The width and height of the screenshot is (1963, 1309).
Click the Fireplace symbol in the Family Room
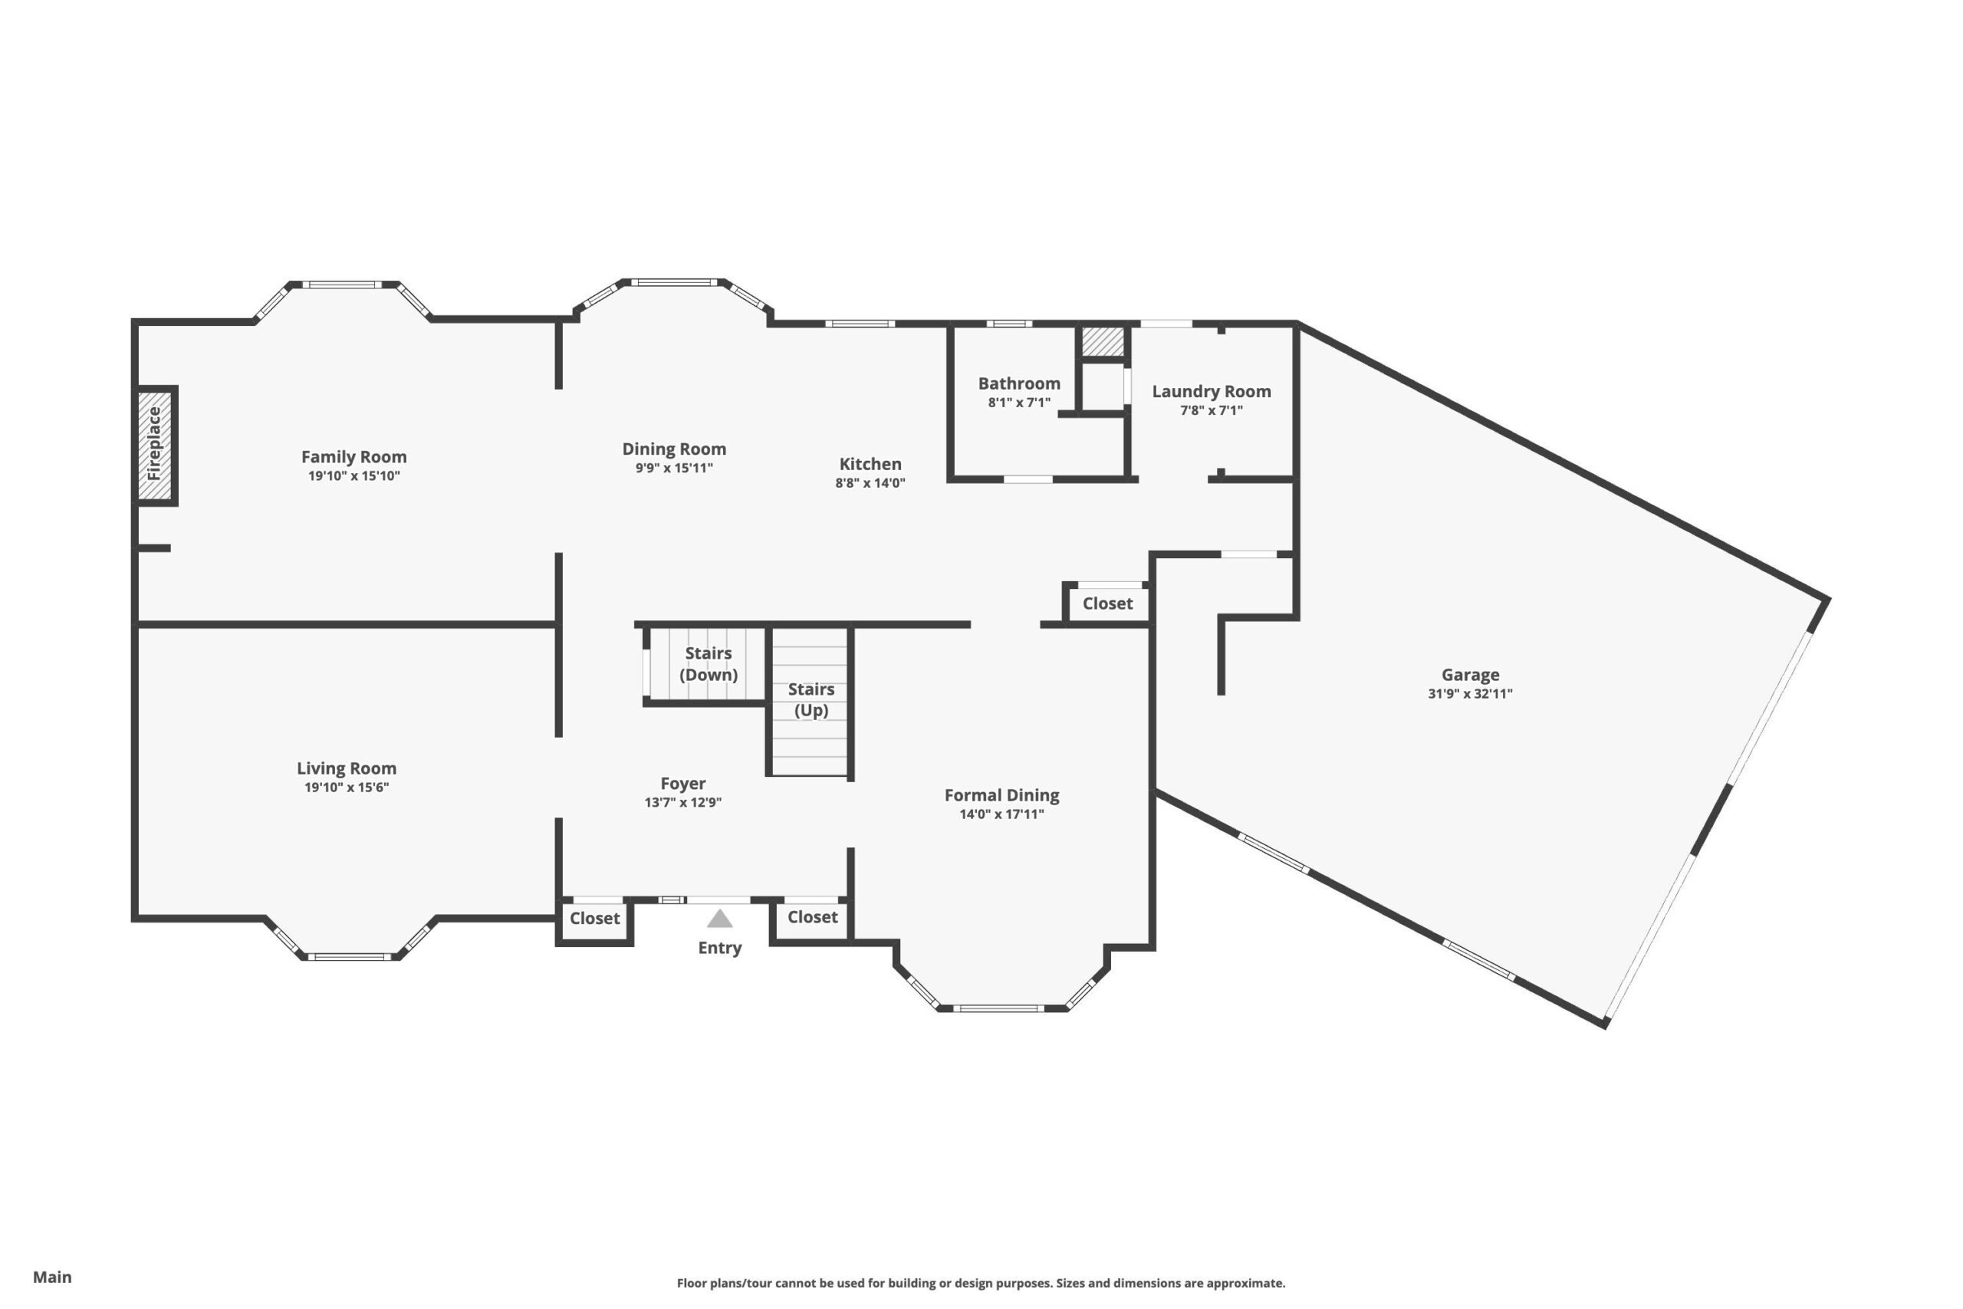(x=155, y=446)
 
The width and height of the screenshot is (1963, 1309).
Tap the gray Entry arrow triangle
(x=719, y=919)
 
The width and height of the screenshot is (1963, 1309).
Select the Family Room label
(x=353, y=456)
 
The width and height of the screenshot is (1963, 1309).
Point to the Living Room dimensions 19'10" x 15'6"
(x=347, y=788)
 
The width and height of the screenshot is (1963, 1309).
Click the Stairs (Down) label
(x=709, y=663)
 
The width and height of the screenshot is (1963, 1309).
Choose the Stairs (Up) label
(x=811, y=699)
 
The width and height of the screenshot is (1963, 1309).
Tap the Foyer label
(x=682, y=784)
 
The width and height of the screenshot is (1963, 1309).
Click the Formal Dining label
(x=1001, y=795)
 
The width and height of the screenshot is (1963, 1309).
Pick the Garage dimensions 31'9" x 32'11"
(x=1470, y=693)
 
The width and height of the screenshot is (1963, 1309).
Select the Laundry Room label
(x=1211, y=392)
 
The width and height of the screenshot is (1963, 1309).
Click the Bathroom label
(x=1019, y=383)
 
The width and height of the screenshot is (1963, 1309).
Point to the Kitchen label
(x=870, y=464)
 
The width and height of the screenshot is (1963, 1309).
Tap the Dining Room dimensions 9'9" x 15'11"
(x=674, y=468)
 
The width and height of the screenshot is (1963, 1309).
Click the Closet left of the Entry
(x=594, y=919)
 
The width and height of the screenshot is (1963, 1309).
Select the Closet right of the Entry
(x=812, y=916)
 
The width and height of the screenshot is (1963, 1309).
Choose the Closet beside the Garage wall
(x=1107, y=604)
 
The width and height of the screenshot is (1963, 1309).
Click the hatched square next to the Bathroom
(x=1103, y=341)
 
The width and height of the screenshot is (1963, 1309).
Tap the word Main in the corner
(x=51, y=1277)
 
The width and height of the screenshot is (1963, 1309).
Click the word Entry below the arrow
(x=719, y=948)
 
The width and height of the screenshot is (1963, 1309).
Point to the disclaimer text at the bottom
(x=981, y=1283)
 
